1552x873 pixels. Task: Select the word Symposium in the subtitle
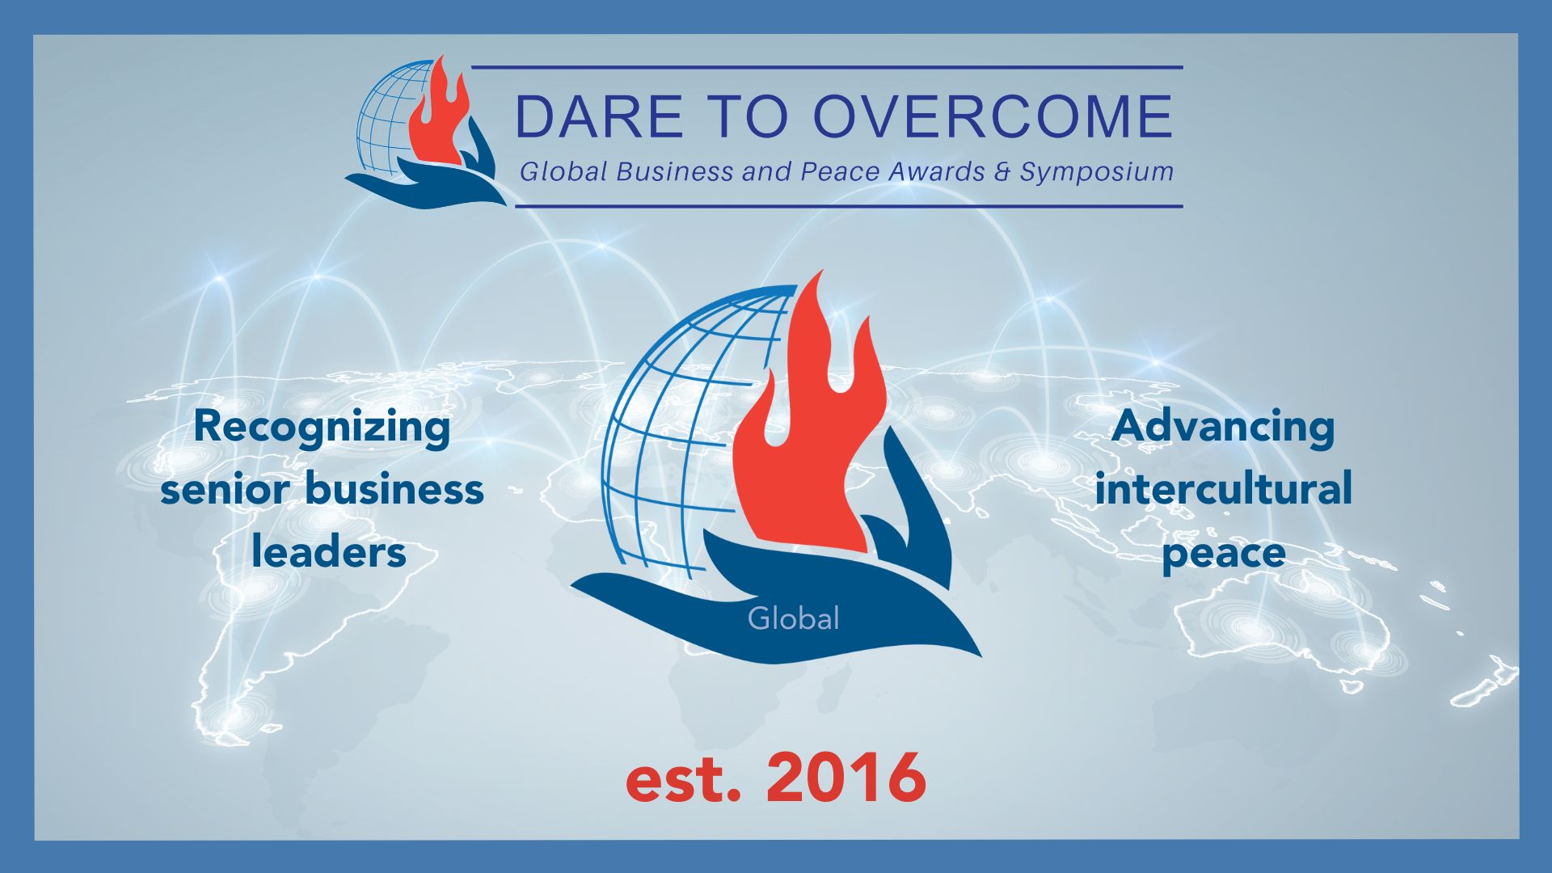[1097, 172]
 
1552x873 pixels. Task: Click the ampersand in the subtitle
[1002, 171]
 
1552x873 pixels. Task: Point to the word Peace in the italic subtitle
[841, 171]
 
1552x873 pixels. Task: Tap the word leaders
[328, 552]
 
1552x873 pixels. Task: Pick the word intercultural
[1223, 489]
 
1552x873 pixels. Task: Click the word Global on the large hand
[793, 618]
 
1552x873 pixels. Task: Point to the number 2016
[846, 777]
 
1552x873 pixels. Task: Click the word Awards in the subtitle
[937, 171]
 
